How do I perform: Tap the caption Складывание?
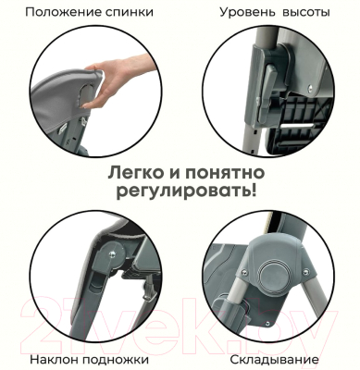tap(273, 358)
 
